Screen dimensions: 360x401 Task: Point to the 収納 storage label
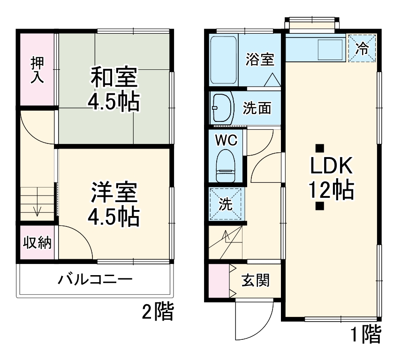(x=38, y=243)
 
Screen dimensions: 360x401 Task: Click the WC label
(x=227, y=140)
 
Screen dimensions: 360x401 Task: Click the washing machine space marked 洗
(x=226, y=204)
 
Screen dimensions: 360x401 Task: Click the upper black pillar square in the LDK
(x=319, y=148)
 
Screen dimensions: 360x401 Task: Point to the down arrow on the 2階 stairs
(x=38, y=210)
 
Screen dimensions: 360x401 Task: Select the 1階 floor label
(x=366, y=334)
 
